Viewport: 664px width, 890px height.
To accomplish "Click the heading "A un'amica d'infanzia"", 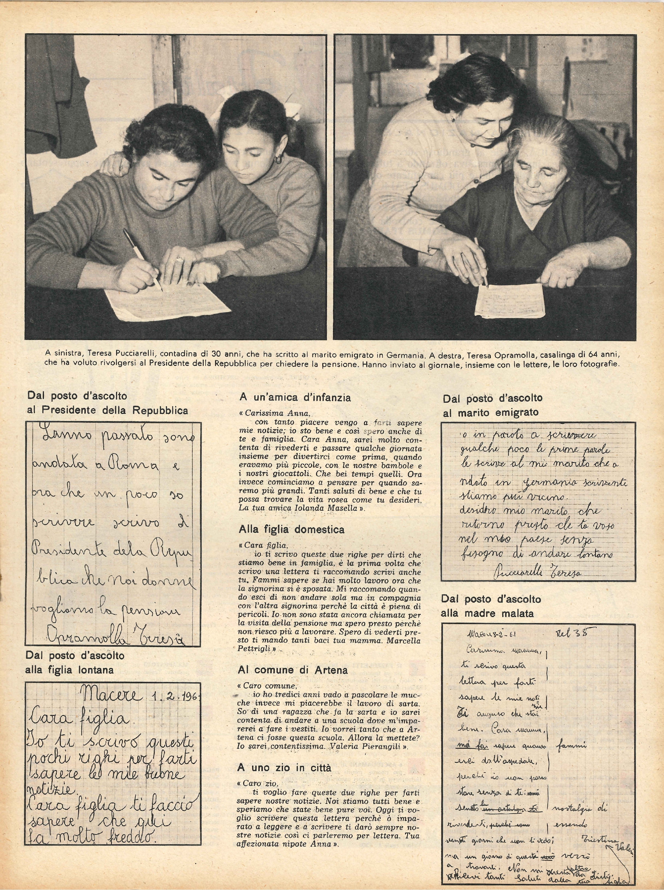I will [295, 398].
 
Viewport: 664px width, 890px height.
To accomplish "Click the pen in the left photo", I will [141, 257].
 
